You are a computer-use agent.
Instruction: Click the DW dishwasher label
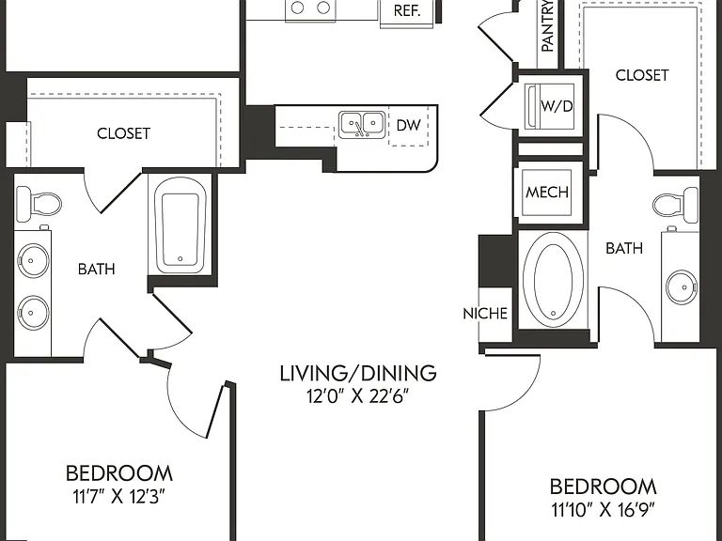[408, 125]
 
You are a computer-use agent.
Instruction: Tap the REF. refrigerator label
[407, 10]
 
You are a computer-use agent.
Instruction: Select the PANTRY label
[547, 25]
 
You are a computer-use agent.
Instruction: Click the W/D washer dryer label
[557, 106]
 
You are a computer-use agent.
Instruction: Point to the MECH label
[547, 192]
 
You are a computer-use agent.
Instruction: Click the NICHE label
[485, 314]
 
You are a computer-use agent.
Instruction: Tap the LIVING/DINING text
[358, 373]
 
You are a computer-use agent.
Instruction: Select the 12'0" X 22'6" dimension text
[358, 395]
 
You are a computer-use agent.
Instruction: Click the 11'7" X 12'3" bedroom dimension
[118, 496]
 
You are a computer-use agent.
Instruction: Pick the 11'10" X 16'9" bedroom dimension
[604, 509]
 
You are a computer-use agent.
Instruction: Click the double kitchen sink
[362, 125]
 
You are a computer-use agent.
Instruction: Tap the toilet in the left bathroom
[39, 203]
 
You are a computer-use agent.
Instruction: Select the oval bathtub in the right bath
[553, 280]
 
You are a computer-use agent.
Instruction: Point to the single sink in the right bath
[682, 287]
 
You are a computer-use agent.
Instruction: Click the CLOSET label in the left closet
[123, 133]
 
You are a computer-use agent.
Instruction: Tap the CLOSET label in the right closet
[642, 75]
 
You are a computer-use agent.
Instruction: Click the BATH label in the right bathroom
[624, 248]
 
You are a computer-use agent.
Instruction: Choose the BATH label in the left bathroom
[96, 269]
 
